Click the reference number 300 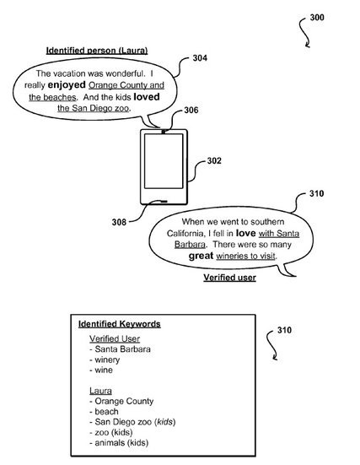317,18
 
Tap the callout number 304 200,58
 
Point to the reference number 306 191,111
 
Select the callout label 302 214,160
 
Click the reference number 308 119,222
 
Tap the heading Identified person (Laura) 97,51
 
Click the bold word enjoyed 67,85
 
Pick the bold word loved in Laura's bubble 147,97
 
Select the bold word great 201,256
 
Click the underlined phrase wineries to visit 245,256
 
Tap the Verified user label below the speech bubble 229,278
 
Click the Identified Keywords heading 120,324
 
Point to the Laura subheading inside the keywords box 100,391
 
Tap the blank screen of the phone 164,161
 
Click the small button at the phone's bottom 163,202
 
